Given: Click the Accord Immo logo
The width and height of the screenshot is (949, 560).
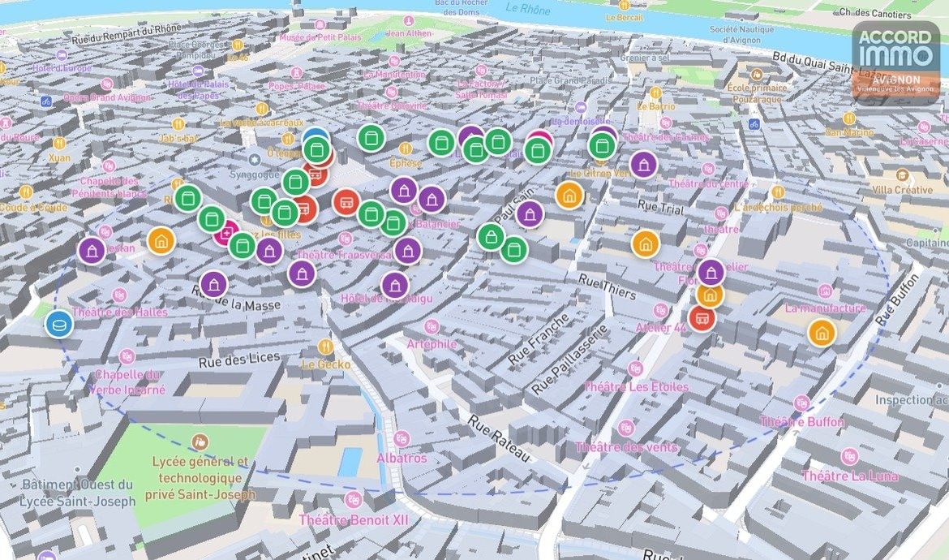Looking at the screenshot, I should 895,62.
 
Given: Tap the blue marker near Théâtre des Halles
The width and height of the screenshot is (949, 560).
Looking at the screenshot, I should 59,325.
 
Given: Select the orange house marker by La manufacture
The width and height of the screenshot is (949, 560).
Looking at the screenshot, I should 822,332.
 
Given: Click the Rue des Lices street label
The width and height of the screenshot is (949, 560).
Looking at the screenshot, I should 238,358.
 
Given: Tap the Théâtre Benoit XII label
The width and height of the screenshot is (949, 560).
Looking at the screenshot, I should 354,519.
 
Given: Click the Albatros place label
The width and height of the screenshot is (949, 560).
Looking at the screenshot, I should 401,458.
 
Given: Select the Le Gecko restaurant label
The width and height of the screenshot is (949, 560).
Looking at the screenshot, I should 326,364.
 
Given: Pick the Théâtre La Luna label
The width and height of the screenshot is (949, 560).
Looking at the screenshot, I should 849,476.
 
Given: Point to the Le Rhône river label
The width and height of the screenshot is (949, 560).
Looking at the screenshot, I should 527,10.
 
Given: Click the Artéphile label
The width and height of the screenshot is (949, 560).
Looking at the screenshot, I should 432,343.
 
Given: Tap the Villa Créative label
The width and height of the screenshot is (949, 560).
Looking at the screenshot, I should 903,189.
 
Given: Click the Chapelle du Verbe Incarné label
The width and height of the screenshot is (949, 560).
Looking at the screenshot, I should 129,381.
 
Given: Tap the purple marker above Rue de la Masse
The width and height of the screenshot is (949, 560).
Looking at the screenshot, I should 214,284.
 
